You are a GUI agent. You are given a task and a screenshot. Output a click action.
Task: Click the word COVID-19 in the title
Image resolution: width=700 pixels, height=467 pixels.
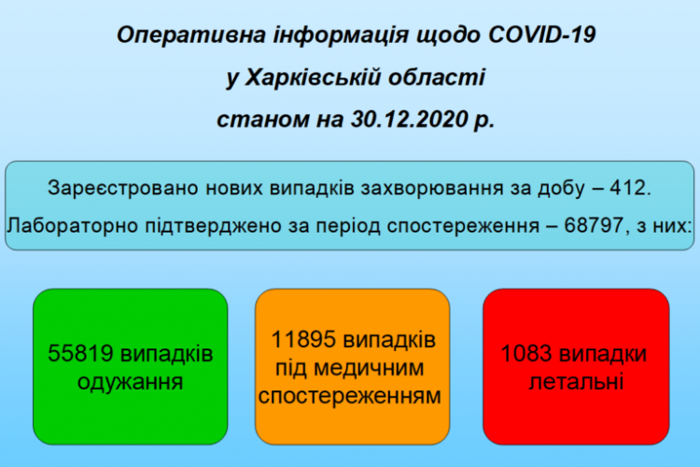pyautogui.click(x=541, y=35)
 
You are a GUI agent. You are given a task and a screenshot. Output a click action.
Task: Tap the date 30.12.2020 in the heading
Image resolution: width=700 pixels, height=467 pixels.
pyautogui.click(x=410, y=119)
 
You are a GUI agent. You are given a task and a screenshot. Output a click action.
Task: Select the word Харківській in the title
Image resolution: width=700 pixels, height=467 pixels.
pyautogui.click(x=313, y=78)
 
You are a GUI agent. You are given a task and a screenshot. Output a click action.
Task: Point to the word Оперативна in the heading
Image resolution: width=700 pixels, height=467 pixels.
pyautogui.click(x=191, y=35)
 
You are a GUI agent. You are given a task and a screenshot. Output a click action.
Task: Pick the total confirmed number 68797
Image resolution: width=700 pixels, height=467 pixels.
pyautogui.click(x=594, y=225)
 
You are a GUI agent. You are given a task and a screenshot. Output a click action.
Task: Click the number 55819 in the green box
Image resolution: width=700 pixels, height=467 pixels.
pyautogui.click(x=80, y=353)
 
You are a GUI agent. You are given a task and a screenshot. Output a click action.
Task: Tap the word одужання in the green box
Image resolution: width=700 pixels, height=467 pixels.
pyautogui.click(x=131, y=383)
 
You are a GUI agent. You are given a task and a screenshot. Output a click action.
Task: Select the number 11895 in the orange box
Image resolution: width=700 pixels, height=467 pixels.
pyautogui.click(x=303, y=339)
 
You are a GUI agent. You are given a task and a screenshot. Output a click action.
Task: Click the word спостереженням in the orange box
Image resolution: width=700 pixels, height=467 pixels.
pyautogui.click(x=350, y=396)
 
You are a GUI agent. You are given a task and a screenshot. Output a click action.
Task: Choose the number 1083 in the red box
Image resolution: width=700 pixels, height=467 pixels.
pyautogui.click(x=526, y=353)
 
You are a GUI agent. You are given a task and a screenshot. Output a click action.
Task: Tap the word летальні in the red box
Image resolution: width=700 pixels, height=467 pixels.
pyautogui.click(x=576, y=382)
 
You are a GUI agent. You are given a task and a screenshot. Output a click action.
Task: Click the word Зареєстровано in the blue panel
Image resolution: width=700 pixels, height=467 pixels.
pyautogui.click(x=123, y=188)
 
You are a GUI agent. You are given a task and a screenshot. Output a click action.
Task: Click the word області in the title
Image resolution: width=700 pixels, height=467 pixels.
pyautogui.click(x=436, y=78)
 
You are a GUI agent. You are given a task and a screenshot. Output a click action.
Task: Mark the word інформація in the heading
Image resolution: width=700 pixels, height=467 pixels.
pyautogui.click(x=341, y=35)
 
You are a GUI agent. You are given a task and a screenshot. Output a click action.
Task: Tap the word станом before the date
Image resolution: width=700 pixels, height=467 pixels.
pyautogui.click(x=263, y=120)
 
